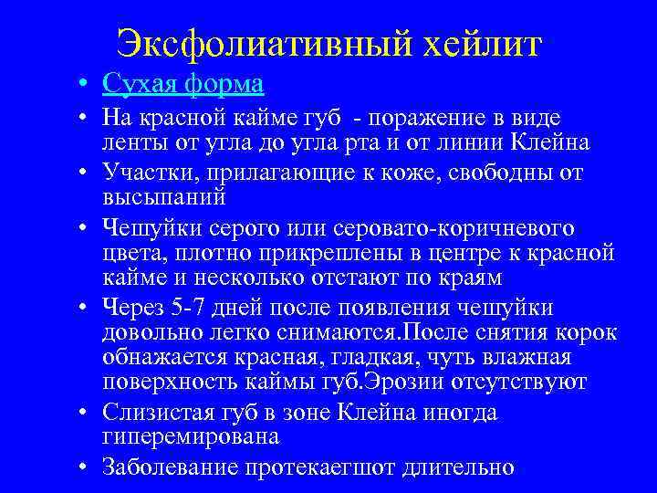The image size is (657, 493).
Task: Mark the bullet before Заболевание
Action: click(x=83, y=468)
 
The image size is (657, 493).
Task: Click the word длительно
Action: click(x=463, y=468)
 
